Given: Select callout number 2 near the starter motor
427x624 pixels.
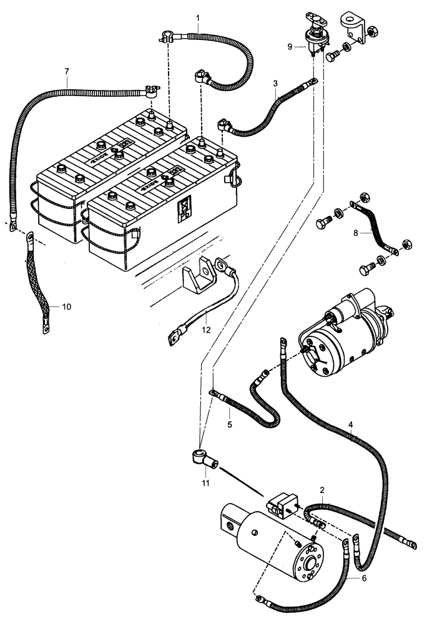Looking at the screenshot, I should [x=321, y=490].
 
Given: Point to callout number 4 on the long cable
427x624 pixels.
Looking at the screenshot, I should [x=351, y=425].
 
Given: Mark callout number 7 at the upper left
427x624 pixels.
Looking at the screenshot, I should [x=67, y=71].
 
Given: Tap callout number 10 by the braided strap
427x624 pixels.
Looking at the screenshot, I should [x=67, y=306].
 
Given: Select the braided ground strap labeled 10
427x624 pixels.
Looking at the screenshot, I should [x=37, y=281].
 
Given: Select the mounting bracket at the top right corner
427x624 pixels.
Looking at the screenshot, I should [x=353, y=26].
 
